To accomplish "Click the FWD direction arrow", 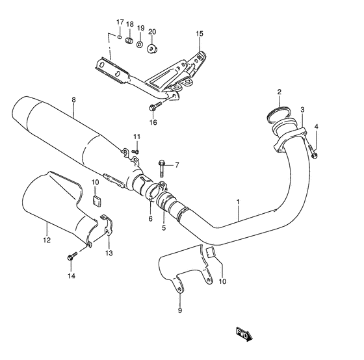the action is point(244,335).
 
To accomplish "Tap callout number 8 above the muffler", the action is point(73,100).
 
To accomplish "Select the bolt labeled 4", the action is point(313,151).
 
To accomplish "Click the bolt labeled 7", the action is point(162,168).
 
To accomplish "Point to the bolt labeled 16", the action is point(155,107).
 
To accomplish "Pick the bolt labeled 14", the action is point(72,256).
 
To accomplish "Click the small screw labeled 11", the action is point(136,151).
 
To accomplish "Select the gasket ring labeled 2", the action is point(278,114).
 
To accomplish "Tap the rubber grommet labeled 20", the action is point(152,49).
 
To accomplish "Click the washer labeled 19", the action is point(140,44).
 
